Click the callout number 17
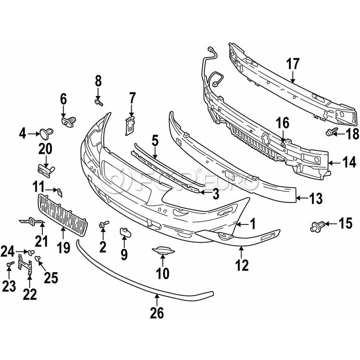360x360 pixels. pyautogui.click(x=293, y=64)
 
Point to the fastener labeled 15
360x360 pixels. pyautogui.click(x=316, y=227)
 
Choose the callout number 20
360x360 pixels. pyautogui.click(x=45, y=150)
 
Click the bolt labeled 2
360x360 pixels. pyautogui.click(x=105, y=225)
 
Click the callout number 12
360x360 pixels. pyautogui.click(x=242, y=264)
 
